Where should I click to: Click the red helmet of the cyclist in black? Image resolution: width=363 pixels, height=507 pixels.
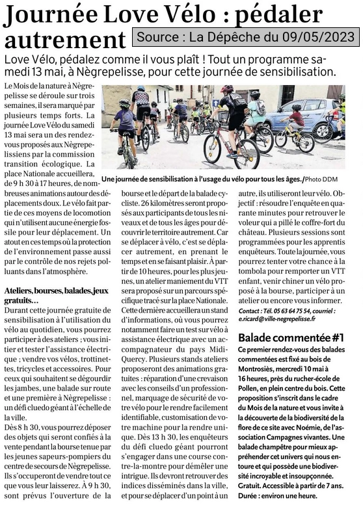(x=226, y=89)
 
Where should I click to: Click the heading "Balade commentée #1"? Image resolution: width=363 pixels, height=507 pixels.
(x=291, y=338)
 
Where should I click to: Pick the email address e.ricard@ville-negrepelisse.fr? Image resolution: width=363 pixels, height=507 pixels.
(x=276, y=319)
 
